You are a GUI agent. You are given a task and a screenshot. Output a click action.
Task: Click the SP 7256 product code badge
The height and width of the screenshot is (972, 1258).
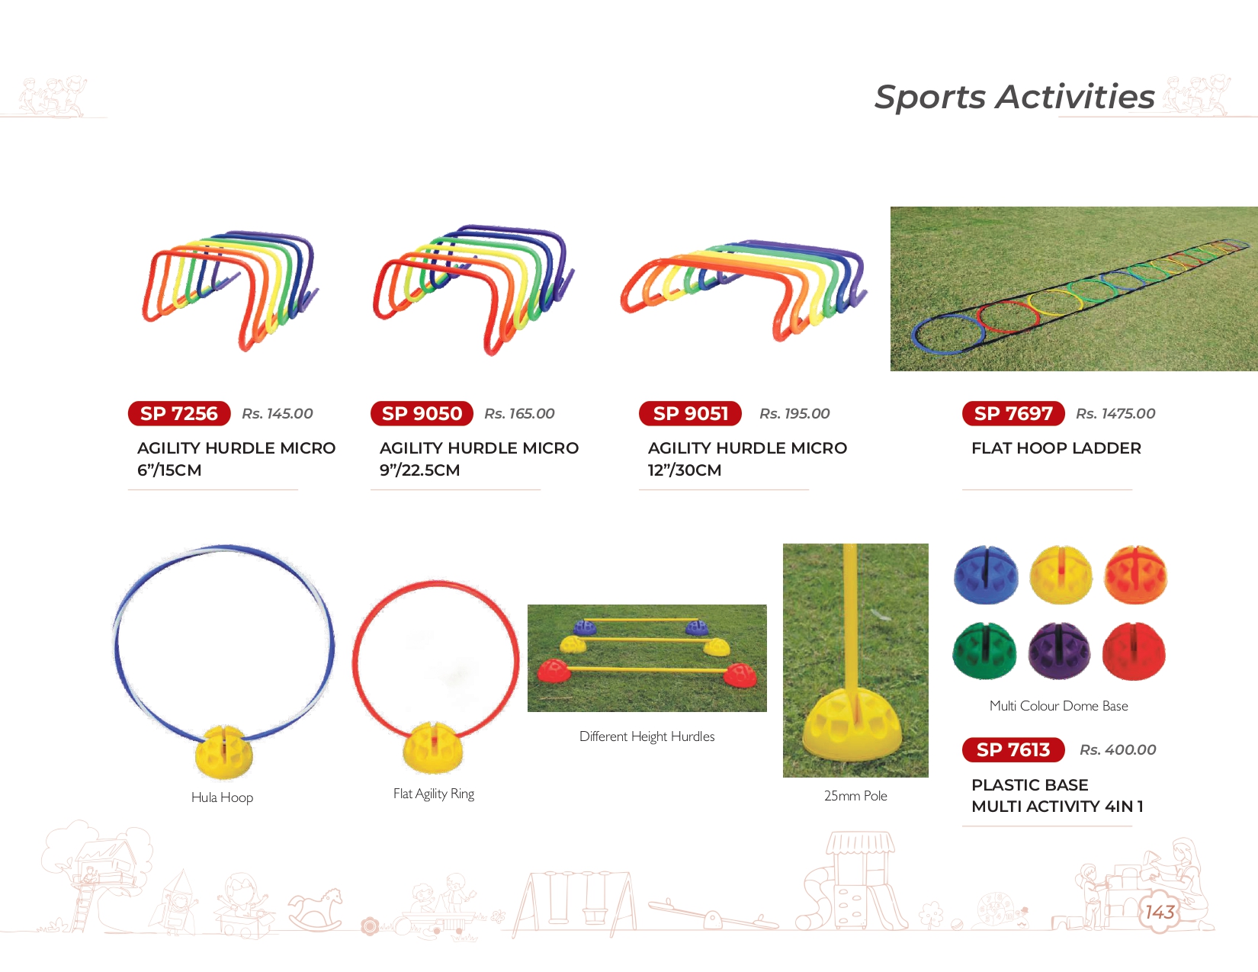click(x=179, y=413)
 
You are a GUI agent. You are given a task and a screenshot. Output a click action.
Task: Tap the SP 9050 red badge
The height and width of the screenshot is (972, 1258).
click(x=422, y=413)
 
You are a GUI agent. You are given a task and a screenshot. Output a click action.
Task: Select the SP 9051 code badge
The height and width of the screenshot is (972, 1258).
click(x=690, y=413)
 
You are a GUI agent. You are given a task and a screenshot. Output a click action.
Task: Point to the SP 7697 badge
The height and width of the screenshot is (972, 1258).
click(x=1013, y=413)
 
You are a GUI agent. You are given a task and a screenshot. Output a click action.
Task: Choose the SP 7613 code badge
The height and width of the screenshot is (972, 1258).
click(x=1013, y=749)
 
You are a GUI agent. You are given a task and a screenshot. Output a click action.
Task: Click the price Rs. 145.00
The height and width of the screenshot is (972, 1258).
click(x=278, y=413)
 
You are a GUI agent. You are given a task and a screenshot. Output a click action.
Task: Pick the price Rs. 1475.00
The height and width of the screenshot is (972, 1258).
click(x=1115, y=413)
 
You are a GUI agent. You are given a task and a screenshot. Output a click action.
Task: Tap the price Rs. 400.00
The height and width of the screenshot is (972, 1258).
click(x=1118, y=749)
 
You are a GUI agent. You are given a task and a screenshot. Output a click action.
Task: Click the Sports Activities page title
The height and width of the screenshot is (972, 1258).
click(x=1014, y=96)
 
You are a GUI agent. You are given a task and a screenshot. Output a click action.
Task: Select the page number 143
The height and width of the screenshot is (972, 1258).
click(x=1160, y=913)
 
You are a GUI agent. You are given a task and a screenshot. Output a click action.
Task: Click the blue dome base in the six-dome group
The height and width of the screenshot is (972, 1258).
click(x=986, y=574)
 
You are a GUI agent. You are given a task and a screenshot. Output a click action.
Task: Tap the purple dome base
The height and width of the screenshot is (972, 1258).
click(x=1060, y=651)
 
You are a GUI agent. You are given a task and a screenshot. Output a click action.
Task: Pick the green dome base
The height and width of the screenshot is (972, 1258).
click(x=984, y=651)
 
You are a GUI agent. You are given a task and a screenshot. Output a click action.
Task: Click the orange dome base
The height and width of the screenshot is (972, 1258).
click(x=1135, y=574)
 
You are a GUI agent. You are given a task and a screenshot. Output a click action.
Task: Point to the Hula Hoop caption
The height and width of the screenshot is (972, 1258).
click(x=223, y=797)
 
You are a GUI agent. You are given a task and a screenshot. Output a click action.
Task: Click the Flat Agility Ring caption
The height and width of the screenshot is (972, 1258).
click(x=434, y=794)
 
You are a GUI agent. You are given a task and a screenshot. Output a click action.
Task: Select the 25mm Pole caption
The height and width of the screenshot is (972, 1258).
click(x=855, y=795)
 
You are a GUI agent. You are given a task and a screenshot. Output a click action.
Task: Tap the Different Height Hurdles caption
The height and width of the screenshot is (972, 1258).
click(x=647, y=736)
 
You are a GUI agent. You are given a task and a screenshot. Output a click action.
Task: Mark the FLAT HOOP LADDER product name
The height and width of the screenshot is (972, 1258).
click(x=1057, y=448)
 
